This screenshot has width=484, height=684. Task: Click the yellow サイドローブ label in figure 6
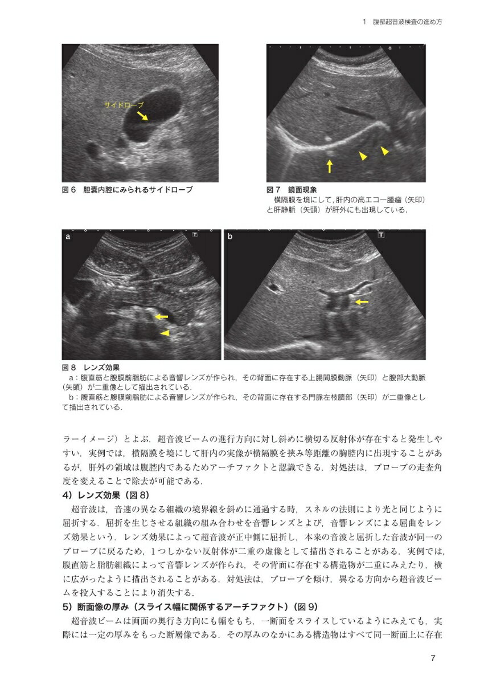(x=124, y=105)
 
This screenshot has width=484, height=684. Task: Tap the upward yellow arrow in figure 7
(x=330, y=166)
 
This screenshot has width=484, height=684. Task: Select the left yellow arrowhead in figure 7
(x=362, y=155)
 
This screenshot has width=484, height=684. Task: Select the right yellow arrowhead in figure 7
(x=385, y=150)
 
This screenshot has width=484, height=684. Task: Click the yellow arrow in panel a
(x=162, y=316)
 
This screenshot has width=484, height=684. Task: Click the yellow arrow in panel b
(x=362, y=301)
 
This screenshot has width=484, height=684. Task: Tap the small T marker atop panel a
(x=195, y=234)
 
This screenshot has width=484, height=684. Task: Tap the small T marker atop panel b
(x=381, y=234)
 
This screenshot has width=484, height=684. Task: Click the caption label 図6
(x=69, y=189)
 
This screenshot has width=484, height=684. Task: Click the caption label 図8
(x=69, y=368)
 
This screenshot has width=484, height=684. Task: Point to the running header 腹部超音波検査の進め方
(x=407, y=22)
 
